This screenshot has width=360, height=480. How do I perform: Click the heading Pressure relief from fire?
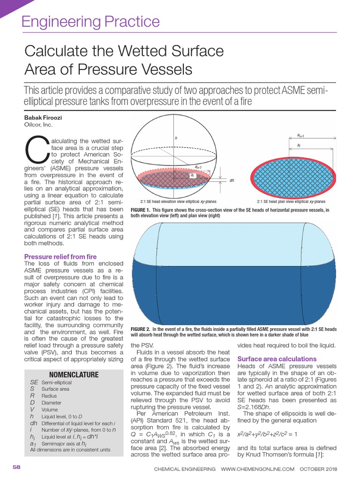coord(60,257)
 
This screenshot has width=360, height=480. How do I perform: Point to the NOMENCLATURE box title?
coord(74,375)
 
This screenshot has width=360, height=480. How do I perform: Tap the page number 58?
coord(16,468)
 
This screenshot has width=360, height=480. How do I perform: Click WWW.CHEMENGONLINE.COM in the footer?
coord(257,469)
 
